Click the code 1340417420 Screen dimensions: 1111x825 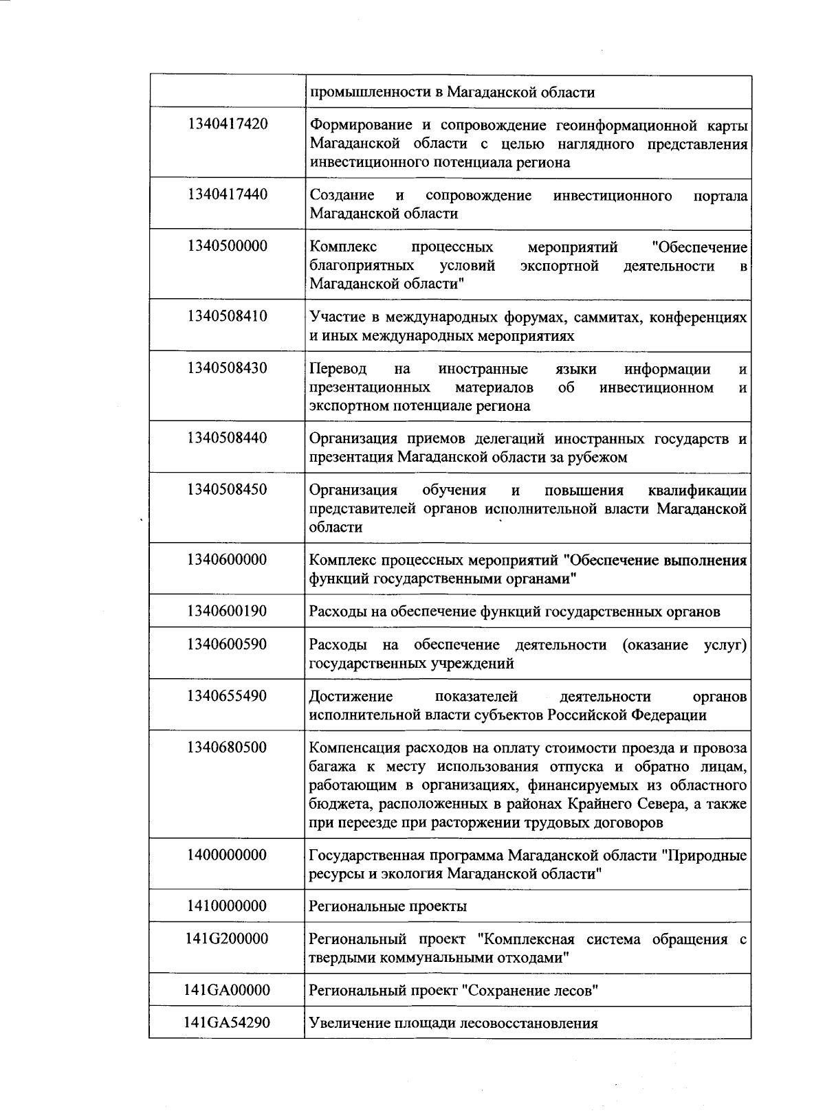click(227, 124)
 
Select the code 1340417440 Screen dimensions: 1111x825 click(227, 194)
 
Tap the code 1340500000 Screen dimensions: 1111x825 click(227, 246)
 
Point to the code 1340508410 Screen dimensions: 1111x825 click(227, 316)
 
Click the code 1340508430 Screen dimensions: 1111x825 click(227, 368)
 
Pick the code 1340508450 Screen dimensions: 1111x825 click(227, 489)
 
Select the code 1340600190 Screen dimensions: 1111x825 click(227, 611)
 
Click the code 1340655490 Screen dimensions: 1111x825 click(227, 695)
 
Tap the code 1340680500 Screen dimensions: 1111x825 click(227, 747)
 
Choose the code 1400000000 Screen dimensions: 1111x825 click(227, 855)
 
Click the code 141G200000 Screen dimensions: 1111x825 click(227, 939)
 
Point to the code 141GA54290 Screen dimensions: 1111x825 click(227, 1022)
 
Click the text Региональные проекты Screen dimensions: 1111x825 click(388, 906)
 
